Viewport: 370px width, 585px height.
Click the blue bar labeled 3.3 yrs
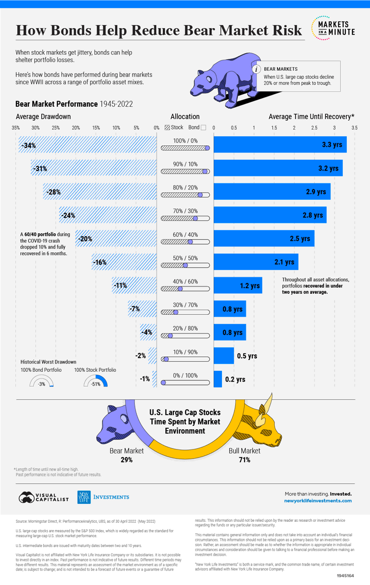click(280, 144)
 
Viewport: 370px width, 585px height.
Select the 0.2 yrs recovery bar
click(218, 379)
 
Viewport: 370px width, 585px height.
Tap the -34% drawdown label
click(28, 146)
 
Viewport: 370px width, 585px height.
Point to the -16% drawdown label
click(99, 262)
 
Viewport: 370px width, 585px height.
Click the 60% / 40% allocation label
click(185, 235)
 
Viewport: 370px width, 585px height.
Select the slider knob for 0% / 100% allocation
click(163, 382)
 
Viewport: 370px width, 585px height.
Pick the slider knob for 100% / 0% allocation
click(207, 148)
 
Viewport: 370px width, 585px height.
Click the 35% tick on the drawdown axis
click(15, 127)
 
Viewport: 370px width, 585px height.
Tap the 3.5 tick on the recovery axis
click(355, 127)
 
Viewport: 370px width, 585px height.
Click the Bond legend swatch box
click(203, 127)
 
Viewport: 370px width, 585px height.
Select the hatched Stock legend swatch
click(168, 127)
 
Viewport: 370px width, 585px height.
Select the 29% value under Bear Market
click(127, 460)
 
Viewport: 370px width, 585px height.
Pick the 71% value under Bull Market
click(244, 460)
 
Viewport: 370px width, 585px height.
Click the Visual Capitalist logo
click(43, 497)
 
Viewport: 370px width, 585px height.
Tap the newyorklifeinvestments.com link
click(318, 500)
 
